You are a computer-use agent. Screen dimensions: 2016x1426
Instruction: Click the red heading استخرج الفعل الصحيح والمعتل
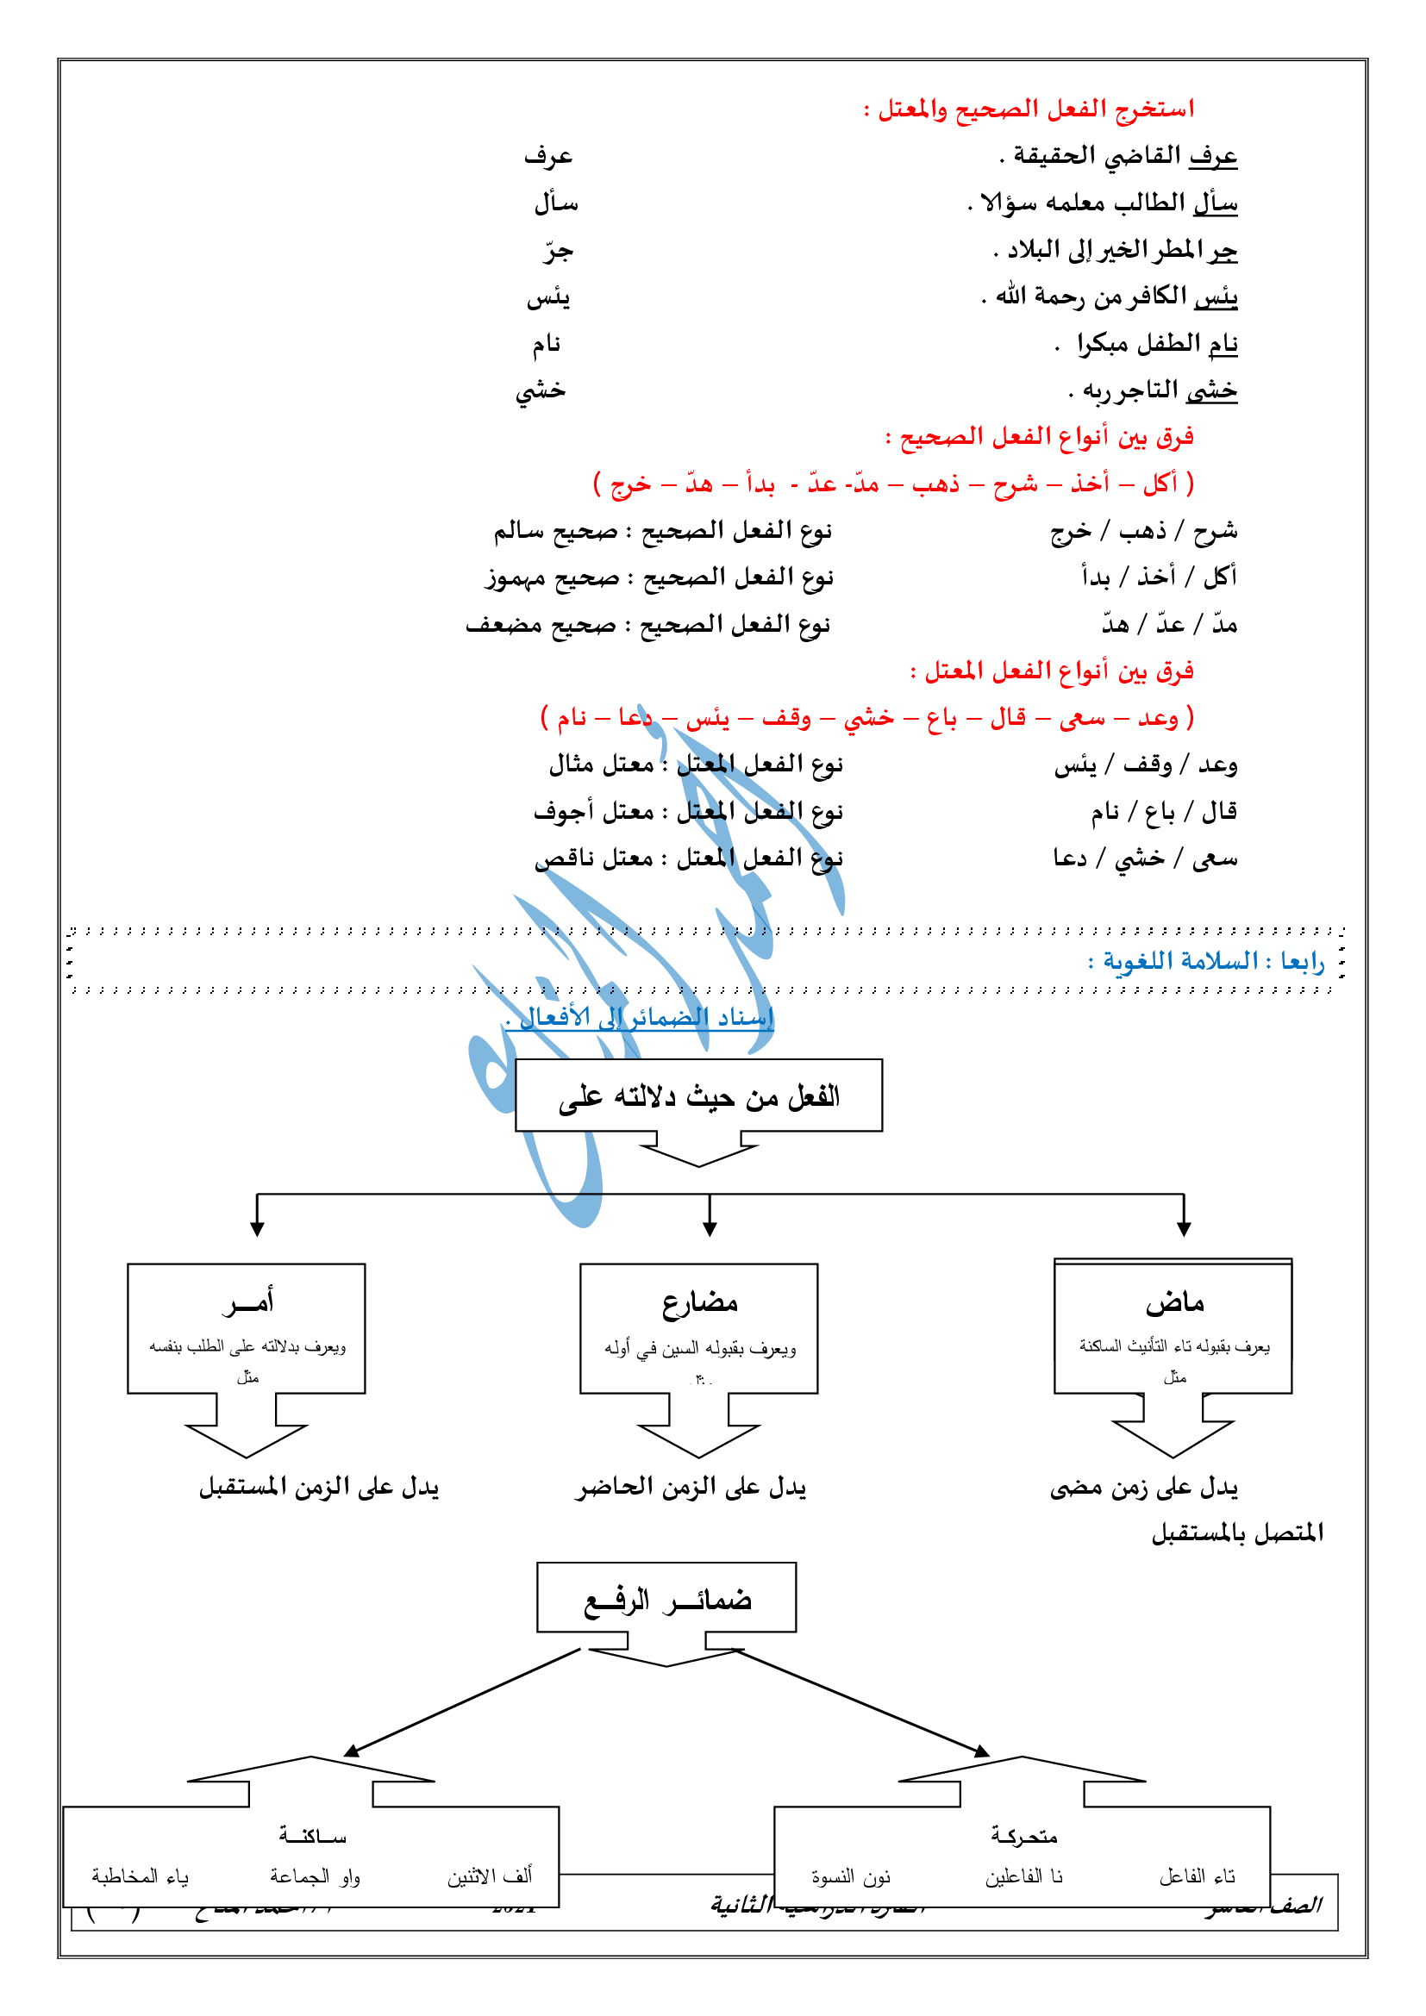click(x=1029, y=109)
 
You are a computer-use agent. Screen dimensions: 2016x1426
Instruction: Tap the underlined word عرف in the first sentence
click(x=1213, y=156)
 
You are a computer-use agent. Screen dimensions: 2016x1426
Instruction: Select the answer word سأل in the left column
click(x=556, y=203)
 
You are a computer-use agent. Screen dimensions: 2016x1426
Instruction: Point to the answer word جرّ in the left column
click(x=558, y=252)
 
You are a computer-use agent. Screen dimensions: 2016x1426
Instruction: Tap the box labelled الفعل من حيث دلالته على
click(x=698, y=1095)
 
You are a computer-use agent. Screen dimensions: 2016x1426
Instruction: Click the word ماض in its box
click(x=1174, y=1303)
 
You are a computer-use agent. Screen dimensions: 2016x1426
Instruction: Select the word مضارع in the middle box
click(x=699, y=1303)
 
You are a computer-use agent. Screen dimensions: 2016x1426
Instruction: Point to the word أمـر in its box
click(x=247, y=1301)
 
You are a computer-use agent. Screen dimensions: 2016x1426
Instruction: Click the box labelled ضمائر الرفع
click(x=666, y=1600)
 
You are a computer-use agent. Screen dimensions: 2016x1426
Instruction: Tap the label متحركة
click(x=1023, y=1836)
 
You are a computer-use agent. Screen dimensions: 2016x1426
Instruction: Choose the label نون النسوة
click(x=850, y=1877)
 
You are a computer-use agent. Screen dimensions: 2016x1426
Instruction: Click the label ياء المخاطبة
click(x=141, y=1877)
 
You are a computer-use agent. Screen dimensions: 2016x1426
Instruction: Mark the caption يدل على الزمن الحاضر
click(x=691, y=1488)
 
